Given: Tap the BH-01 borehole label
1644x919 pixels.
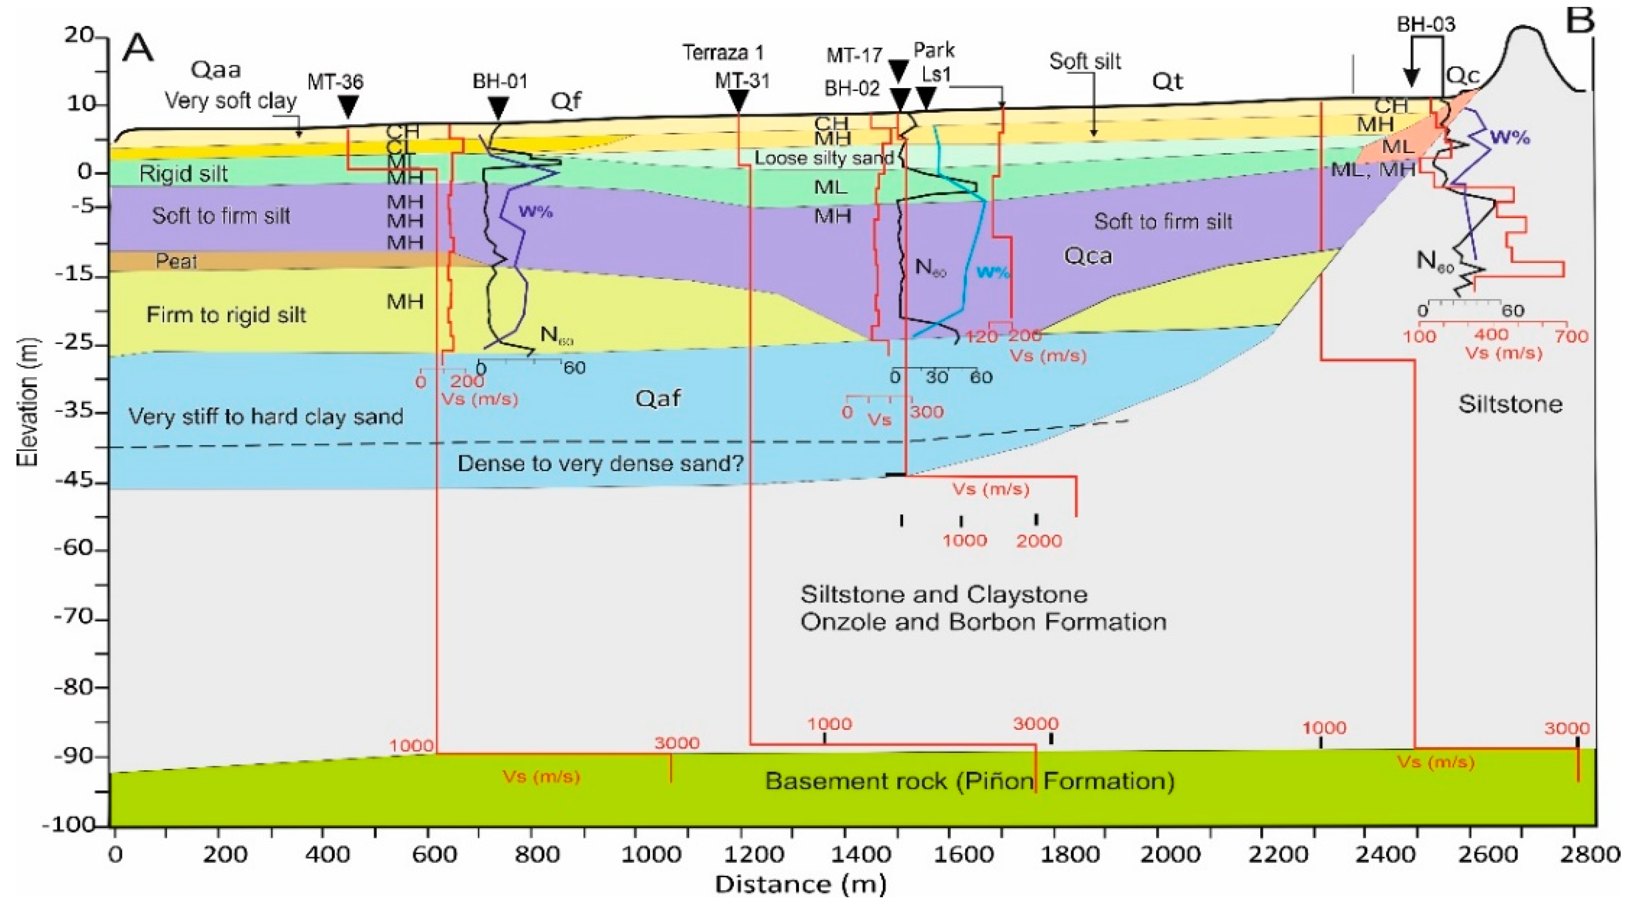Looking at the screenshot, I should pos(500,82).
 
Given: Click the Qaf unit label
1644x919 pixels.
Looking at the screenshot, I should pos(657,399).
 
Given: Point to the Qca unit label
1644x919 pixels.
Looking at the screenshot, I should pos(1087,257).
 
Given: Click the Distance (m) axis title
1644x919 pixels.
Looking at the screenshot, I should pos(800,884).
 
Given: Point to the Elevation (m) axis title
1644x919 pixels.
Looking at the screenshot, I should pos(28,402).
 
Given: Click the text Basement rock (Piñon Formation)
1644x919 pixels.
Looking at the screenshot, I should pos(969,780).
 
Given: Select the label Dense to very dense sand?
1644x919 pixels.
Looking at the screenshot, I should pos(601,463).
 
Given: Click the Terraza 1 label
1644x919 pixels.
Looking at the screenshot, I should pos(723,52).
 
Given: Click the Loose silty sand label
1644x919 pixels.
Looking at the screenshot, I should pos(824,158).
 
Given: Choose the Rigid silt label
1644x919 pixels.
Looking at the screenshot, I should pos(183,174).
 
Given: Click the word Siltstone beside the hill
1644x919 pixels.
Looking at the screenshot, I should pos(1510,404).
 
